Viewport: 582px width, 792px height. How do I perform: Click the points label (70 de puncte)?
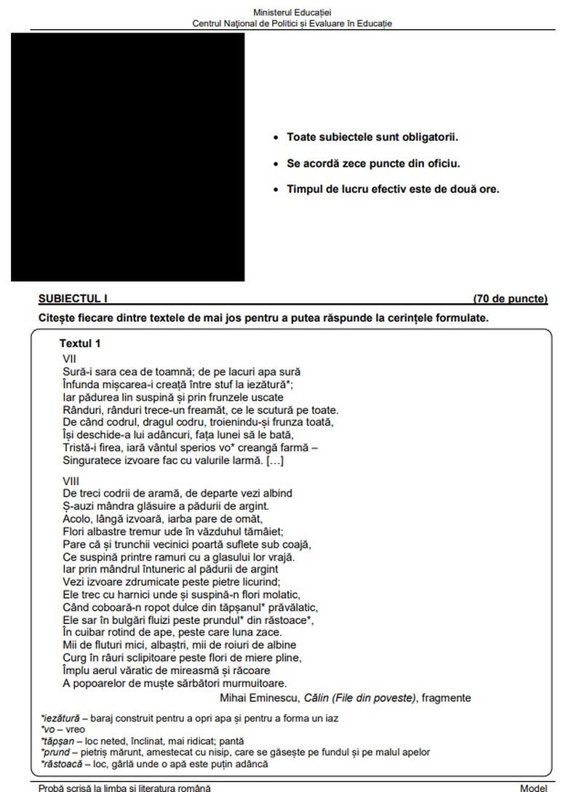[509, 299]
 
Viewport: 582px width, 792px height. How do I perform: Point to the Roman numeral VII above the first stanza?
[69, 359]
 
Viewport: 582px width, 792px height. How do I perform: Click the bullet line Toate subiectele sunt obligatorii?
[372, 137]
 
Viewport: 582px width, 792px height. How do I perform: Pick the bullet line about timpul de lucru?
[392, 190]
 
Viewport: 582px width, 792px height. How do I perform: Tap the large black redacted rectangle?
[127, 156]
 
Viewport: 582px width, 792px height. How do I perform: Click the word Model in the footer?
[533, 788]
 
